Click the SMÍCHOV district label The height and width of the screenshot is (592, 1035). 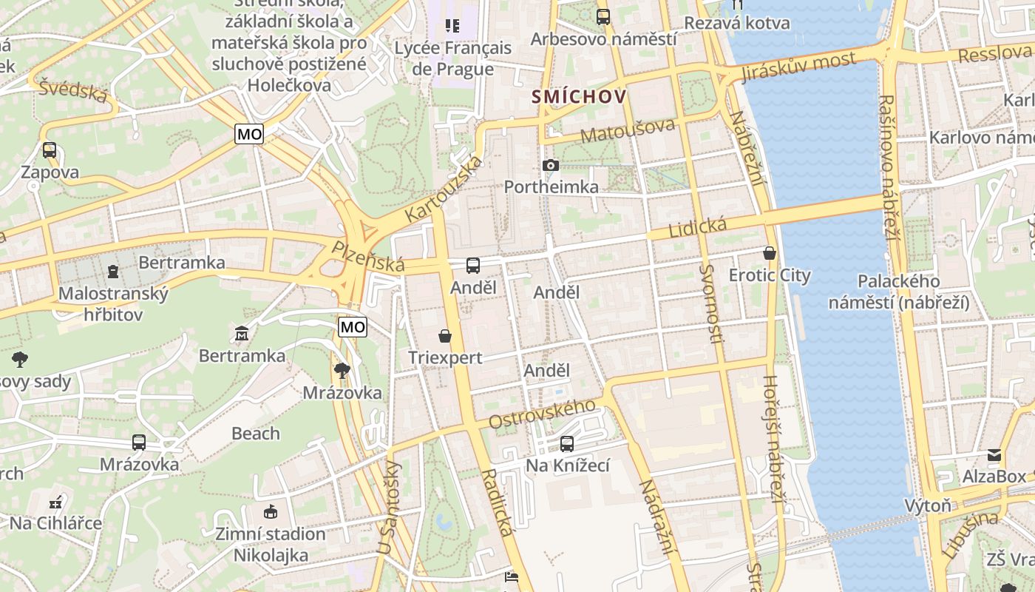[579, 97]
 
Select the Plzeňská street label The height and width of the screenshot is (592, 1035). [368, 256]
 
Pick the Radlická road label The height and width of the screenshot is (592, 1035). [497, 502]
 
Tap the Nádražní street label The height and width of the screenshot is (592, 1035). [657, 517]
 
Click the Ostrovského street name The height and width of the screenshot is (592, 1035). [543, 414]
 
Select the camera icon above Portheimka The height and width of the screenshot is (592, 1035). [551, 165]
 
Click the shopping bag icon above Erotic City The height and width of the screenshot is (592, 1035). [770, 253]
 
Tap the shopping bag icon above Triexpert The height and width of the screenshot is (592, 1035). [445, 337]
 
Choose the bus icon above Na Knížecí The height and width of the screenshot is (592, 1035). [567, 444]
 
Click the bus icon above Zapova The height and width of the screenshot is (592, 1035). [50, 150]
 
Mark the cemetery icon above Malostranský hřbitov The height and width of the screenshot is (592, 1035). [112, 272]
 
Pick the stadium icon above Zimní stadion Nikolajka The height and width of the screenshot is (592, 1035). [271, 511]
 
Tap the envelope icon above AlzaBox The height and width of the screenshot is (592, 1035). [994, 455]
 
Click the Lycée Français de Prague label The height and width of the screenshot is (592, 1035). [452, 58]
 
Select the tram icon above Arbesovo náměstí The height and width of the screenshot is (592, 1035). [603, 16]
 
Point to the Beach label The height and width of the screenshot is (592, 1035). [256, 434]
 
